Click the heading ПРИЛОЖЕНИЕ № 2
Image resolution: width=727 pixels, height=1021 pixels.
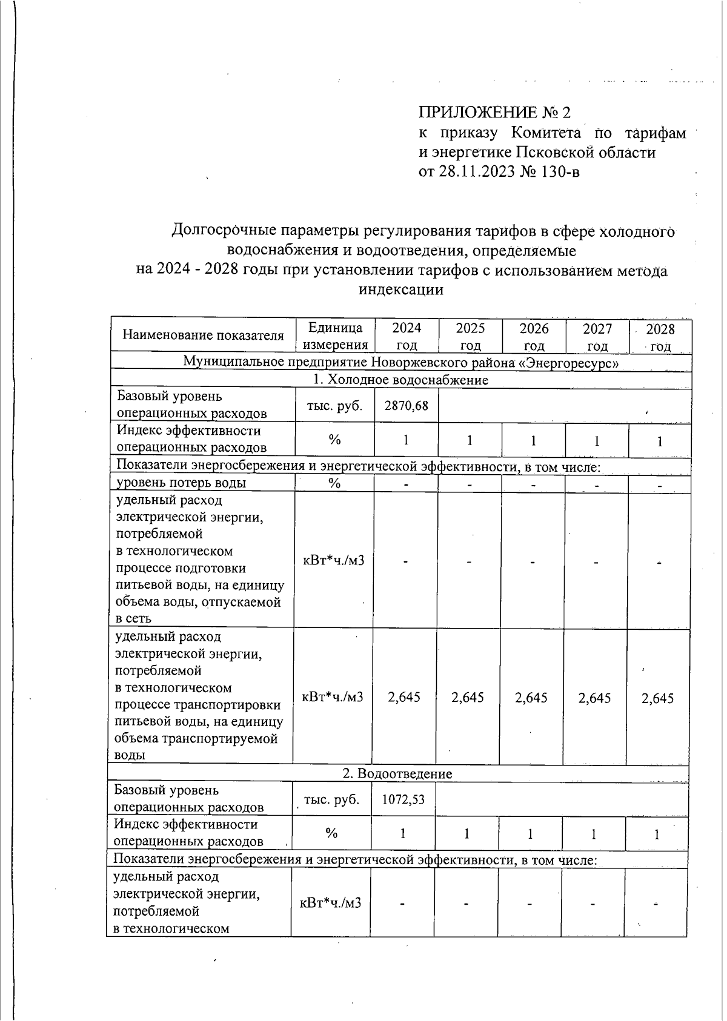click(x=494, y=113)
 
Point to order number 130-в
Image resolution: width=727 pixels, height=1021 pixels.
click(x=557, y=172)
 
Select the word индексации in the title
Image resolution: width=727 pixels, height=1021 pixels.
click(x=401, y=289)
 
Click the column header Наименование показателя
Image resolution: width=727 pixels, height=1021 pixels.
click(x=203, y=335)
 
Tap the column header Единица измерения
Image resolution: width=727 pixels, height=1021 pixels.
click(x=335, y=336)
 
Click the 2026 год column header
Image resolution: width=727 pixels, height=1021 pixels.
click(x=534, y=337)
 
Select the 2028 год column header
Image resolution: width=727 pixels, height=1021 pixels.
click(x=660, y=337)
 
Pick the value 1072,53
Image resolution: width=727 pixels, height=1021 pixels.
click(x=403, y=799)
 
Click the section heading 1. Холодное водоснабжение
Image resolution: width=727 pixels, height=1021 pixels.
click(x=400, y=380)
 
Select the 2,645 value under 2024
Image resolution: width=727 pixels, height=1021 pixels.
click(x=404, y=697)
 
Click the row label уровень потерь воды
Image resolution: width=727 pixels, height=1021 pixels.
click(x=181, y=483)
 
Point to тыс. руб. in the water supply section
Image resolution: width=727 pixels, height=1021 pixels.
click(x=335, y=405)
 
